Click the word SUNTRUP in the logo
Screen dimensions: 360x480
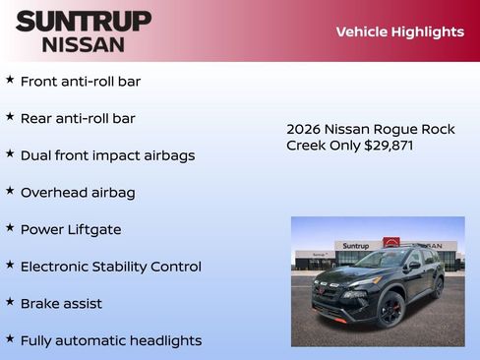coord(84,21)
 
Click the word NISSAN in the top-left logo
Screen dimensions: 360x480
coord(84,44)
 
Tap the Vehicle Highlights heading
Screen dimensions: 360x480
coord(399,31)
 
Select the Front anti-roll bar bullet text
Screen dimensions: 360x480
coord(81,82)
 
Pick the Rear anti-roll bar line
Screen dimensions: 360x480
coord(78,118)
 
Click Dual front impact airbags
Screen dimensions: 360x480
coord(107,155)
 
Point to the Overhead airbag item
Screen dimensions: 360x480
coord(78,193)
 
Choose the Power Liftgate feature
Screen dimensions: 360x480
coord(71,229)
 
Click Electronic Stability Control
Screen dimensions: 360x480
coord(110,267)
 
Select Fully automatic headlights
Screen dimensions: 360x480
coord(111,340)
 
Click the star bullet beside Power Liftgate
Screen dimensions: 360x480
coord(10,227)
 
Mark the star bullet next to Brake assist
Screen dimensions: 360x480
coord(10,302)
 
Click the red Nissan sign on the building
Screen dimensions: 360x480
coord(391,243)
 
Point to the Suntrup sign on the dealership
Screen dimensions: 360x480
coord(356,245)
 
